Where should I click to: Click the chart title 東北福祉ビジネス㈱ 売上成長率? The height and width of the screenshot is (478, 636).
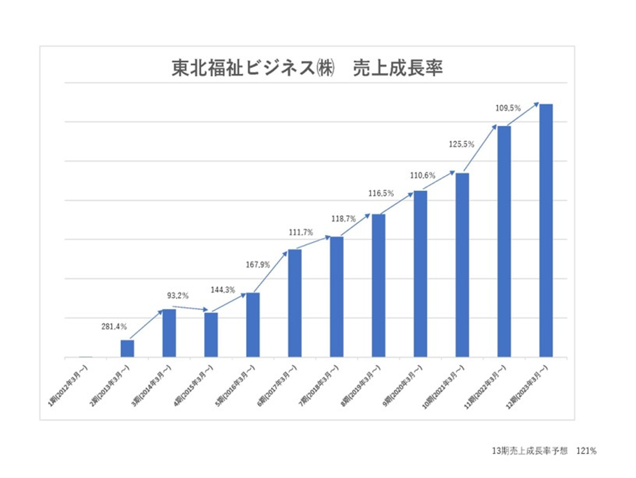click(307, 68)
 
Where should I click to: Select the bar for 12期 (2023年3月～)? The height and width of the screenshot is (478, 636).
click(546, 230)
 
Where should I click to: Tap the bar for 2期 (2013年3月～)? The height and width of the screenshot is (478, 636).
click(127, 348)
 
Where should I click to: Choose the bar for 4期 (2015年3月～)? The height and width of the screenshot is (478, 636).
click(211, 335)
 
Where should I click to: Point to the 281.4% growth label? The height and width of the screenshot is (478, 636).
click(114, 327)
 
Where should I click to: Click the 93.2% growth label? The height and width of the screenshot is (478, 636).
click(178, 296)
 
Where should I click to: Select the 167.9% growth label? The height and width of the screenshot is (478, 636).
click(258, 265)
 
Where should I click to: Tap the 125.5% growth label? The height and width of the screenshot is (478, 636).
click(461, 144)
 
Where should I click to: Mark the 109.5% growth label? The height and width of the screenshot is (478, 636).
click(508, 108)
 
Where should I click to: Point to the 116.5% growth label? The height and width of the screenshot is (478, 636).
click(381, 193)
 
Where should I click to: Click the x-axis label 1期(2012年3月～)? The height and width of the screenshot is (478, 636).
click(69, 385)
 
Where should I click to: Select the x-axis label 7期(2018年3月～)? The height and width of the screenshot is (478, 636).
click(319, 385)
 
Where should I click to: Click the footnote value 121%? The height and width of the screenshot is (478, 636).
click(586, 451)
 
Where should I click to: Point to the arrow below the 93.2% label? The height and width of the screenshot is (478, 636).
click(190, 308)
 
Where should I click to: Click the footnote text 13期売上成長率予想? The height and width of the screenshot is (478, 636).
click(530, 451)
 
